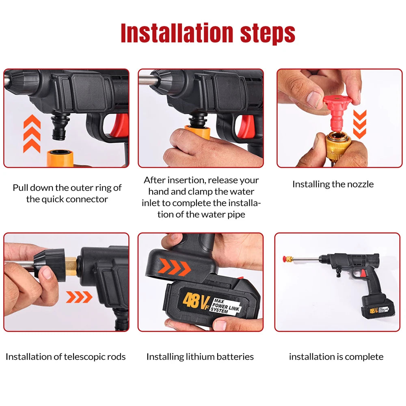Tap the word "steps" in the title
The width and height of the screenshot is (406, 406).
(x=267, y=33)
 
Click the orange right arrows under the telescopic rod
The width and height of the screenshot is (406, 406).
(x=79, y=298)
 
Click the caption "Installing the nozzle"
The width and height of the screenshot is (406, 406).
(x=333, y=184)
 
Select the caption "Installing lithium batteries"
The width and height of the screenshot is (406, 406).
(x=200, y=357)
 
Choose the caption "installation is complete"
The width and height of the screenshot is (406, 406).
(x=336, y=357)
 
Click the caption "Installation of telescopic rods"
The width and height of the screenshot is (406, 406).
(x=66, y=357)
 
